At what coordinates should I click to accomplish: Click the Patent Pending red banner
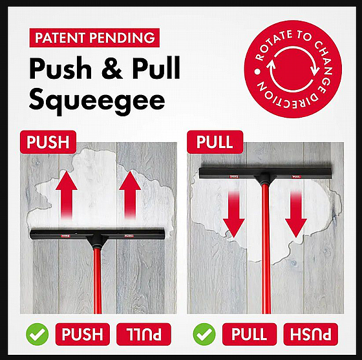point(94,37)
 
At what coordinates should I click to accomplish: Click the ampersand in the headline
point(112,69)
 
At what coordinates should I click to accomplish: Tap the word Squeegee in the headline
point(97,101)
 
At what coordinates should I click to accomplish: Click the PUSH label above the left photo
point(48,142)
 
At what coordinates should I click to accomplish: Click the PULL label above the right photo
point(215,142)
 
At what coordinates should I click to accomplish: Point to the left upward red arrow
point(67,195)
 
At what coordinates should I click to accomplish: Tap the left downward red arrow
point(234,214)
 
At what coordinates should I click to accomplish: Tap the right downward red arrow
point(296,214)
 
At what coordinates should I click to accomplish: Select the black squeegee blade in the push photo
point(98,234)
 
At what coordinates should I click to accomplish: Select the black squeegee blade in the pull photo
point(266,173)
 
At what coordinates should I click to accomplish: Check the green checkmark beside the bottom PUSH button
point(37,334)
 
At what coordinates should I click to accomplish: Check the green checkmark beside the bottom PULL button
point(204,334)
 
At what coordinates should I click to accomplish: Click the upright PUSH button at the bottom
point(83,334)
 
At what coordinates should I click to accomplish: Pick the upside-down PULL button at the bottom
point(144,334)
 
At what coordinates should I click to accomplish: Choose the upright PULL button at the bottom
point(250,334)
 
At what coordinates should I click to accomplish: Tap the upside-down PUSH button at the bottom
point(310,334)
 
